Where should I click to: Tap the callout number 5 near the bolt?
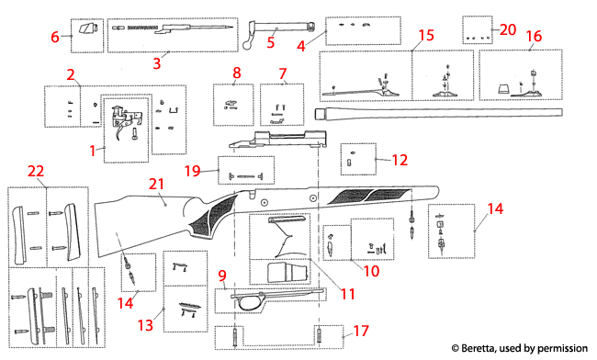point(271,41)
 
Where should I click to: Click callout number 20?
point(508,28)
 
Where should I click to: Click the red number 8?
point(236,72)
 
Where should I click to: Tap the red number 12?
point(398,160)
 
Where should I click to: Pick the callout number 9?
point(222,275)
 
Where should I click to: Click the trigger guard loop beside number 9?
point(247,303)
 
